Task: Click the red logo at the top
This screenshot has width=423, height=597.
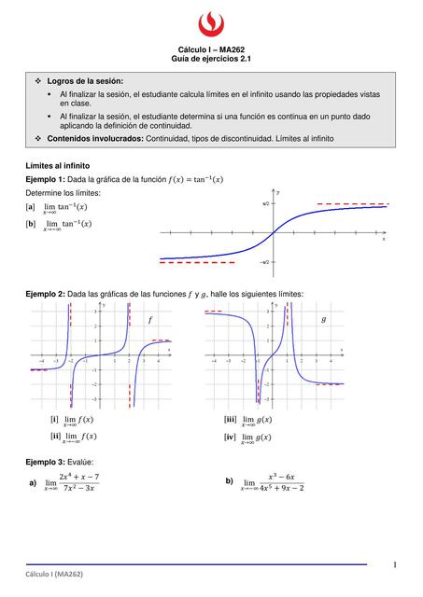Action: point(211,21)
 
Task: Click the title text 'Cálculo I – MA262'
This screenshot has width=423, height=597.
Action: point(211,49)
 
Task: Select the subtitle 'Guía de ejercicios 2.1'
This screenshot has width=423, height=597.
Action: point(211,58)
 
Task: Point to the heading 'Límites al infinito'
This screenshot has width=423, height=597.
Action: point(59,164)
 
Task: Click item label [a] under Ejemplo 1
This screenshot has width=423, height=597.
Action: point(32,206)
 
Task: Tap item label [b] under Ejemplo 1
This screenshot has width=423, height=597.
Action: point(32,223)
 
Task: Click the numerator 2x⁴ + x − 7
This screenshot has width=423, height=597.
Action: point(78,477)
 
